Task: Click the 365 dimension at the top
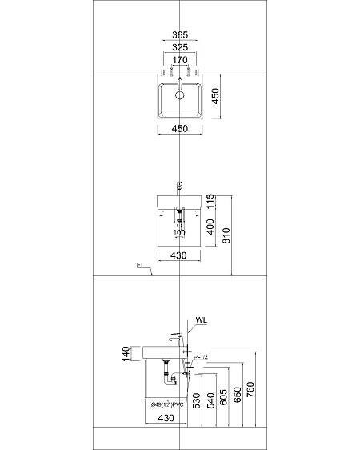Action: (180, 35)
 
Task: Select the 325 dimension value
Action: (180, 46)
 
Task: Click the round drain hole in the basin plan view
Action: (180, 94)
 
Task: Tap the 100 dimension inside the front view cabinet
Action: (179, 233)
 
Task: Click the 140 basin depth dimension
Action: (126, 354)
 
